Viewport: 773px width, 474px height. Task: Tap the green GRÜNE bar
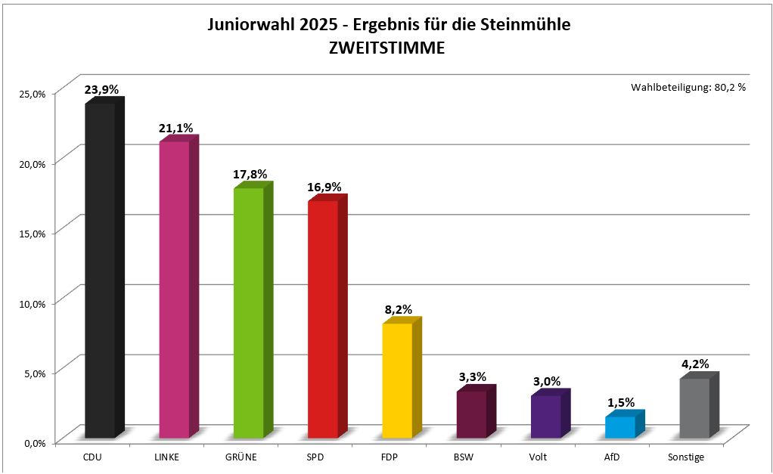tap(249, 313)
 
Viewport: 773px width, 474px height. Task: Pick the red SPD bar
tap(323, 319)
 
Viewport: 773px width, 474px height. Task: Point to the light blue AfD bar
tap(620, 427)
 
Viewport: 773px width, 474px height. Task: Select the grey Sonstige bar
tap(694, 408)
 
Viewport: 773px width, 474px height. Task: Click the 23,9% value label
tap(101, 90)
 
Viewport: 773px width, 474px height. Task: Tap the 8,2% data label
tap(397, 309)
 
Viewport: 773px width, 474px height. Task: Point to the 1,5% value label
tap(620, 403)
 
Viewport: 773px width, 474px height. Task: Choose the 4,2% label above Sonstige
tap(694, 364)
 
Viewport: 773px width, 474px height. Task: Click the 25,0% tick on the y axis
tap(33, 94)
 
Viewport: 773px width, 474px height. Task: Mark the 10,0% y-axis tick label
tap(33, 303)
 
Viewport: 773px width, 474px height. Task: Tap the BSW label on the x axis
tap(464, 457)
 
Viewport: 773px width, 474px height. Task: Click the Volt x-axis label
tap(538, 457)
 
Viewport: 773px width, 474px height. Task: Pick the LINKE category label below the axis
tap(166, 457)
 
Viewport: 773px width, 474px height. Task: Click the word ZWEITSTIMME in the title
tap(386, 47)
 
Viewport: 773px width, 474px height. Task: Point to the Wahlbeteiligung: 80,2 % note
tap(688, 87)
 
